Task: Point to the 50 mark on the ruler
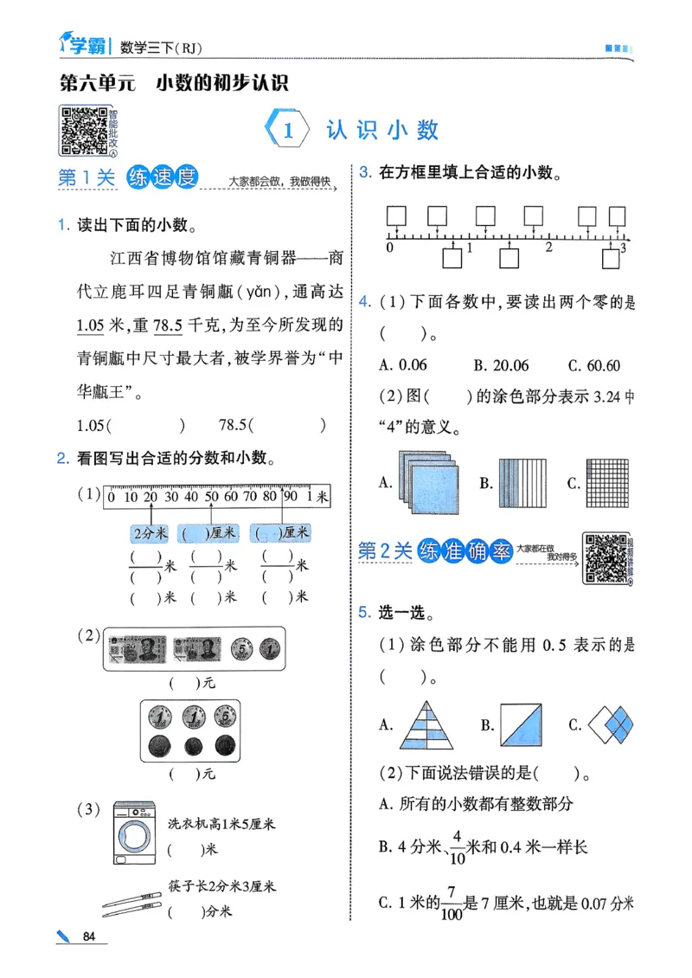click(x=211, y=497)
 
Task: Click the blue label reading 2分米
click(x=149, y=533)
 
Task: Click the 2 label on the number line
click(x=548, y=248)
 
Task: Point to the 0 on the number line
click(x=389, y=248)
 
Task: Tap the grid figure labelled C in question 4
click(x=610, y=482)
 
